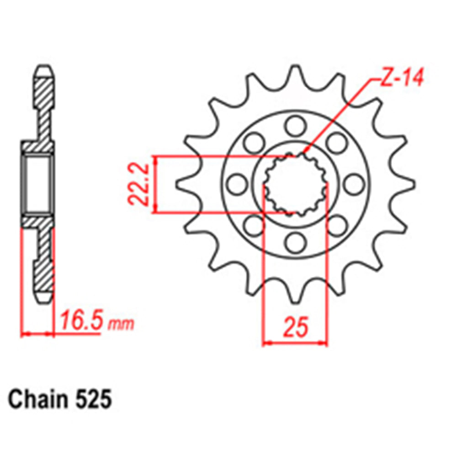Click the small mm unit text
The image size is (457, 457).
pyautogui.click(x=122, y=324)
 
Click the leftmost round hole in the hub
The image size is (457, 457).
pyautogui.click(x=237, y=184)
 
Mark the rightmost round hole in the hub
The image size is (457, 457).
pyautogui.click(x=353, y=184)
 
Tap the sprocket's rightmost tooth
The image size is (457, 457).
pyautogui.click(x=408, y=184)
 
